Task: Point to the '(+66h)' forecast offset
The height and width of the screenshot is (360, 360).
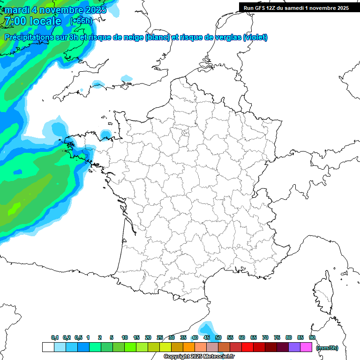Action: (81, 21)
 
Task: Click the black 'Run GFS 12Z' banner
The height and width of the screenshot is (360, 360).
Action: (296, 7)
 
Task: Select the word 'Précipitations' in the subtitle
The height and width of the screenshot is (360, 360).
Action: (28, 37)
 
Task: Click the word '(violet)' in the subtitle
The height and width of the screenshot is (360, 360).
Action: (255, 37)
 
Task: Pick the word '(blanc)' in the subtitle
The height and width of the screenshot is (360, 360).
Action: (157, 37)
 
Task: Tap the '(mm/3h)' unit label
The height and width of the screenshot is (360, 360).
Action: (327, 347)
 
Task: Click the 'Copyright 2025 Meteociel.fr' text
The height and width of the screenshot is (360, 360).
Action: (199, 357)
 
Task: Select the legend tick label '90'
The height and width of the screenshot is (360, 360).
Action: (312, 337)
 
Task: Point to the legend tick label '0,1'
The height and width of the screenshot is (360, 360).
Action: (55, 337)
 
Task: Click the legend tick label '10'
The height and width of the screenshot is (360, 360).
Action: (125, 337)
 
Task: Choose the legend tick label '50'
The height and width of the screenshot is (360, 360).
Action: (218, 337)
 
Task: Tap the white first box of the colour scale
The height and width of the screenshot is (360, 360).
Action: (48, 347)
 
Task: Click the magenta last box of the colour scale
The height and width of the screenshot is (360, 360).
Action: (306, 347)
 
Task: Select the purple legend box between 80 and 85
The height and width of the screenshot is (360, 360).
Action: (294, 347)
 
